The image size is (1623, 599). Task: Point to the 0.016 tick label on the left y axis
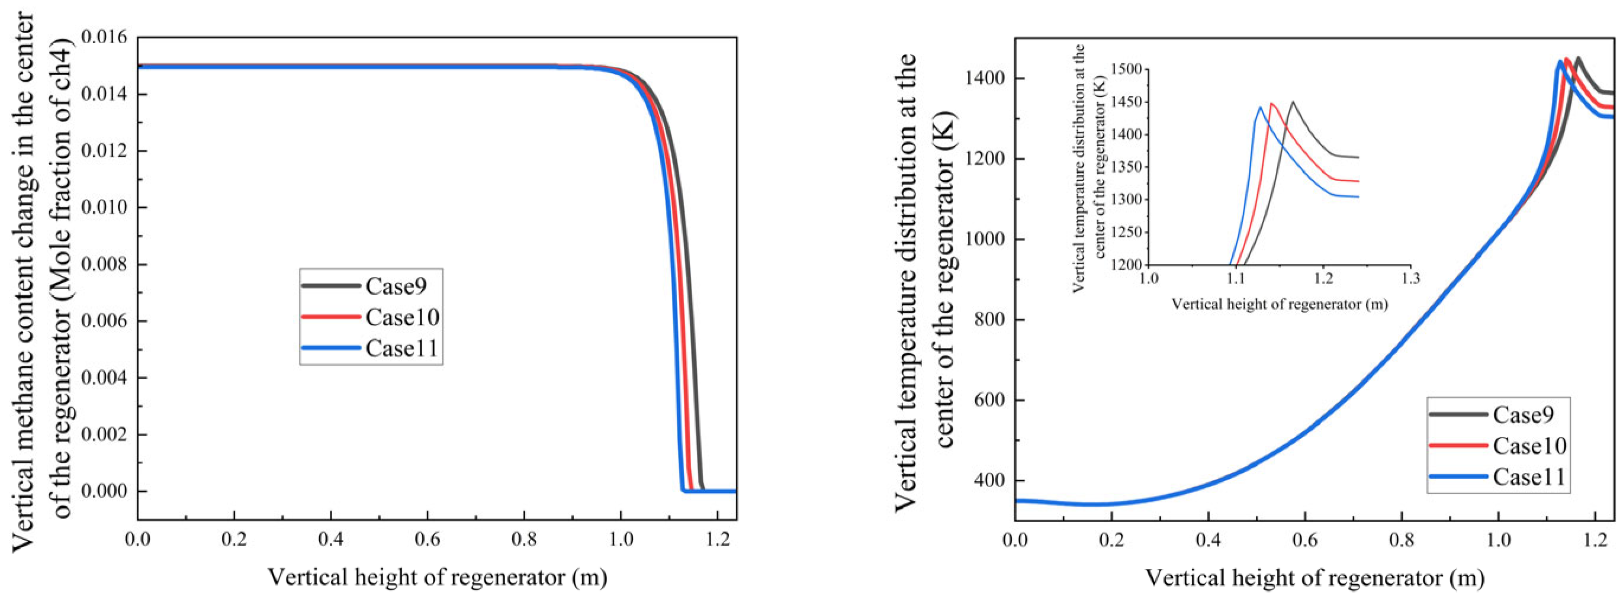(104, 37)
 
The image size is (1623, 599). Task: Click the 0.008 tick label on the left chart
(104, 265)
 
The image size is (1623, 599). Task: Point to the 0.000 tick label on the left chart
(104, 491)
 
